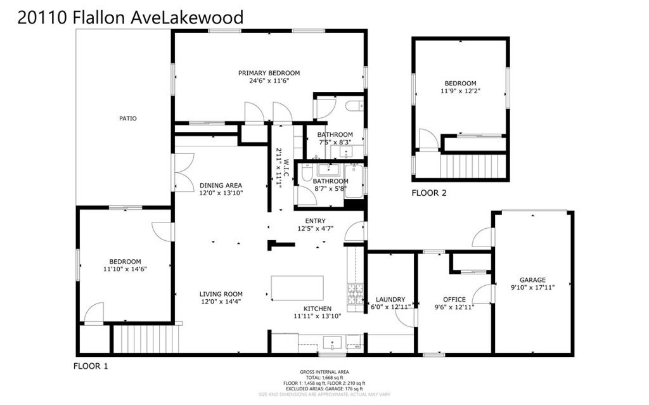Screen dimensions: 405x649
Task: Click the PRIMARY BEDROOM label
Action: click(269, 73)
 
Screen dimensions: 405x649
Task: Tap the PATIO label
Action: click(127, 119)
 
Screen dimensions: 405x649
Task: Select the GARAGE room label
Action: click(532, 280)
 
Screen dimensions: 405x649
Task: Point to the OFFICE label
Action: click(454, 300)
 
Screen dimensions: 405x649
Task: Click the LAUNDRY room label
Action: click(390, 300)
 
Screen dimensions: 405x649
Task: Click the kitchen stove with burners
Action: click(354, 293)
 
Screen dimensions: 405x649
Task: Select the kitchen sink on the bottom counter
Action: click(332, 344)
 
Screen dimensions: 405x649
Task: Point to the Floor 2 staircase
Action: click(474, 167)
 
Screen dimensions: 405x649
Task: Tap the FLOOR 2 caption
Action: click(429, 193)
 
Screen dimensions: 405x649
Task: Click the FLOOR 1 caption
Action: click(91, 366)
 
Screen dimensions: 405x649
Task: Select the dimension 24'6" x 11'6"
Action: click(269, 81)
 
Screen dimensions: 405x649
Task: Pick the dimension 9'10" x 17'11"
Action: click(532, 288)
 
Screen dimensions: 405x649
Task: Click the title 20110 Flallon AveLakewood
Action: click(130, 17)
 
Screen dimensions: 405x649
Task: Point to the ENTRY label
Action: click(315, 221)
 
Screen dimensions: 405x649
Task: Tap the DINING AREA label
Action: click(221, 186)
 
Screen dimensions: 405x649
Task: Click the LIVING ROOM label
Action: click(221, 294)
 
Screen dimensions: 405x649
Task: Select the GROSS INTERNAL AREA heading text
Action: click(324, 372)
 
